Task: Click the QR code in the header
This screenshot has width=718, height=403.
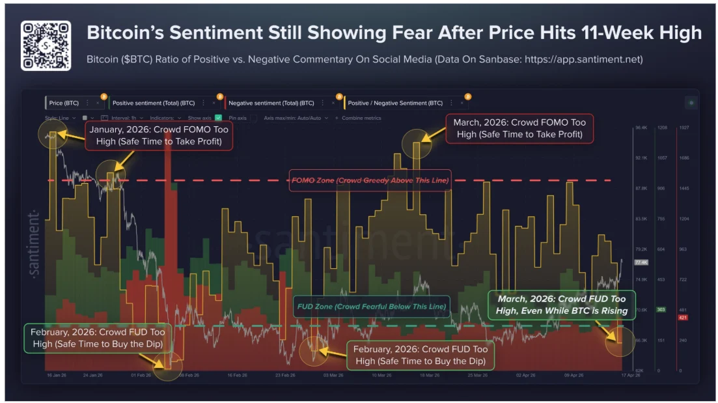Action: click(x=46, y=46)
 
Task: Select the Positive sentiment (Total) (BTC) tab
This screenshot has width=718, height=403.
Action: click(x=154, y=103)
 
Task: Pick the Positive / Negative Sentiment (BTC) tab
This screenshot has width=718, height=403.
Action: click(x=395, y=103)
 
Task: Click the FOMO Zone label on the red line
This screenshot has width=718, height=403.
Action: click(x=370, y=180)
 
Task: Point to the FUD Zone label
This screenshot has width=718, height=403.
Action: click(x=371, y=306)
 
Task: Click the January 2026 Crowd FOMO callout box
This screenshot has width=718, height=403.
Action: click(x=159, y=137)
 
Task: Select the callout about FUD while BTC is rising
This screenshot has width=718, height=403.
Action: click(x=562, y=305)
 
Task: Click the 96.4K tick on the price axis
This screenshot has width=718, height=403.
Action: click(x=641, y=128)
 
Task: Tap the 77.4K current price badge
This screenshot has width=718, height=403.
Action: click(x=641, y=262)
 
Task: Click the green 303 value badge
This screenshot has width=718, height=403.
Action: click(x=661, y=309)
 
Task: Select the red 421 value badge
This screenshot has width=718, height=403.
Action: click(x=683, y=317)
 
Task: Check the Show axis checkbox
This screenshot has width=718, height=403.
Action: click(x=219, y=118)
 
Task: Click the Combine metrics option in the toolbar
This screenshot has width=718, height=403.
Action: click(x=360, y=118)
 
